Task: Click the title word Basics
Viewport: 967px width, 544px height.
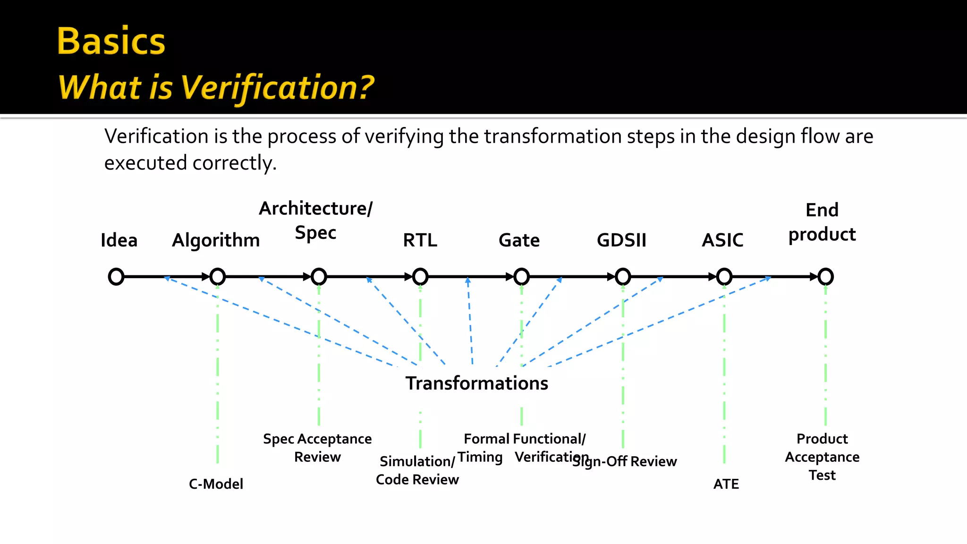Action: (x=111, y=42)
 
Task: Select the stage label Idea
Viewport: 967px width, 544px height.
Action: (x=119, y=240)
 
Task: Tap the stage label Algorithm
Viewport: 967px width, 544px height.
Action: (x=216, y=241)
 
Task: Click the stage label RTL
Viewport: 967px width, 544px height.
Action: (x=420, y=240)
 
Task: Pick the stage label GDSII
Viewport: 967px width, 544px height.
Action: (x=621, y=240)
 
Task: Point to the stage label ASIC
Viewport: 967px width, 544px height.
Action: (x=722, y=240)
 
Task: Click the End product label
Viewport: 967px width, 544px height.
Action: (x=822, y=222)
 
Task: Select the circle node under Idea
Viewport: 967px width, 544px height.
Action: (x=116, y=277)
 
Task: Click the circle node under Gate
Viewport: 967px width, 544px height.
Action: (x=521, y=277)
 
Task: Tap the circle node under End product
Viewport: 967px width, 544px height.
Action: (x=825, y=277)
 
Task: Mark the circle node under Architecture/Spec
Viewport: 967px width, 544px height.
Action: (x=319, y=277)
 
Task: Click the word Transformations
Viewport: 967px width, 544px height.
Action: (x=477, y=383)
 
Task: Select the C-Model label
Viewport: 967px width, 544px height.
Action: (x=216, y=484)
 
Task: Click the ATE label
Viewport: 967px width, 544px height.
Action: (x=726, y=484)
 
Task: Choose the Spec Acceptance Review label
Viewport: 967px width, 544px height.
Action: (x=317, y=448)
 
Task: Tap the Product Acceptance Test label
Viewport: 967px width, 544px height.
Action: (x=822, y=457)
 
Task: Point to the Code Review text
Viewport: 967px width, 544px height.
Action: (x=417, y=480)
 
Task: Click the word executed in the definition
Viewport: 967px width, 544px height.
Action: (x=145, y=163)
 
